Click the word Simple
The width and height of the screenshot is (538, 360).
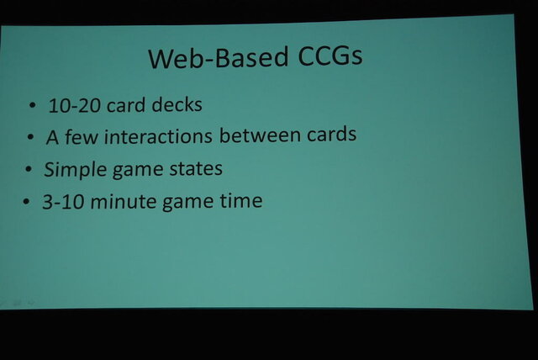tap(73, 169)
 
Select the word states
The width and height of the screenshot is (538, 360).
tap(193, 168)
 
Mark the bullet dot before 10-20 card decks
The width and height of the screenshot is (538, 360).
tap(32, 107)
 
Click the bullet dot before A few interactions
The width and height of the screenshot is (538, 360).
tap(29, 137)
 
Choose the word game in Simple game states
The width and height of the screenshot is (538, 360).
tap(134, 170)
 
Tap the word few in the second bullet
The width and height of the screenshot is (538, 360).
tap(82, 136)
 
